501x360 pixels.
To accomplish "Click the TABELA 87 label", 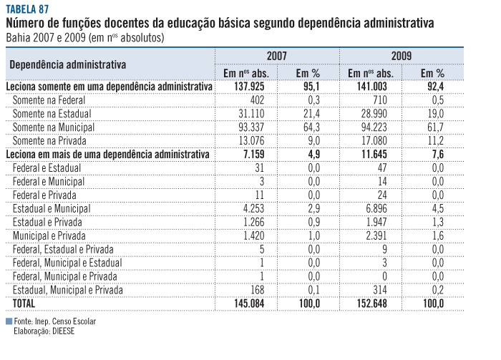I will click(28, 9).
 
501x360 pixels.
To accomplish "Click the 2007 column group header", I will click(277, 56).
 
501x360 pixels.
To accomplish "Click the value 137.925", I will click(245, 86).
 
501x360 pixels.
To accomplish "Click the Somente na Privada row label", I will click(48, 140).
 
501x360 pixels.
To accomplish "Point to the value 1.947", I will click(372, 222).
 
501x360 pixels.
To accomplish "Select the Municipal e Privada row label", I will click(49, 235).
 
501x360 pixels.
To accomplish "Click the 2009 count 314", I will click(376, 290).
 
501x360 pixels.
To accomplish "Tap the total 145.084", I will click(245, 303).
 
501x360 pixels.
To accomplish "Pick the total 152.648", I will click(369, 303).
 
